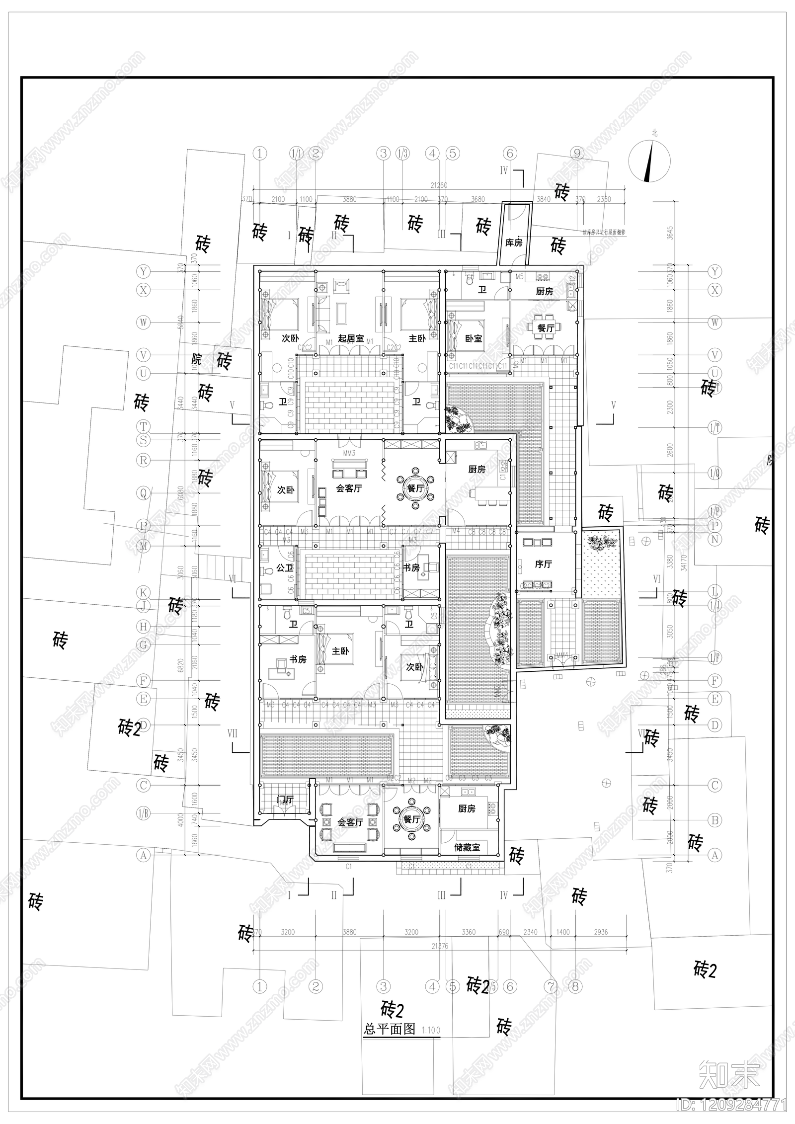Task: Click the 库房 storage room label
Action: pos(514,242)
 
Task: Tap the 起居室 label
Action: pos(351,338)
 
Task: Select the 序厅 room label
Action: pos(543,564)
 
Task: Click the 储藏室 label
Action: pos(467,847)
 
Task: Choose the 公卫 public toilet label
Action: pos(284,567)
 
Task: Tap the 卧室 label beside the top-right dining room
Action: pos(473,338)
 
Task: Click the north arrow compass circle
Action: pos(649,161)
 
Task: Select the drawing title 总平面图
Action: pos(389,1029)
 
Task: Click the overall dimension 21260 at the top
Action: pos(439,185)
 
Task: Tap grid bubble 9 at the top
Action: pos(577,154)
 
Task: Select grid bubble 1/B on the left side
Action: pos(144,814)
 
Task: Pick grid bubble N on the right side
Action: pos(715,539)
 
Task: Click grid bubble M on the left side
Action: pos(144,547)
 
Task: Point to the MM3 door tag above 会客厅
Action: pos(349,453)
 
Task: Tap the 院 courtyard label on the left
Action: pos(197,360)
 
